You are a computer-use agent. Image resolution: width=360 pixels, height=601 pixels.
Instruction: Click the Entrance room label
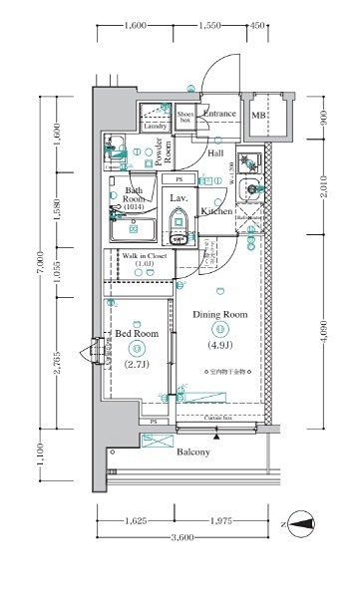click(x=218, y=114)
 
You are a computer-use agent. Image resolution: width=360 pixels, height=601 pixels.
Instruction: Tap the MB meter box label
click(x=258, y=116)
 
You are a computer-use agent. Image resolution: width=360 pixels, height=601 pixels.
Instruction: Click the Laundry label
click(x=155, y=127)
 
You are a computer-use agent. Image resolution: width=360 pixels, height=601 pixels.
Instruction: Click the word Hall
click(x=215, y=153)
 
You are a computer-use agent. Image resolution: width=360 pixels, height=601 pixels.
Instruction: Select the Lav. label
click(x=179, y=199)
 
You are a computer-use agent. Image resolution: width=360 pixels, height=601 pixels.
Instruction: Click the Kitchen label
click(x=216, y=211)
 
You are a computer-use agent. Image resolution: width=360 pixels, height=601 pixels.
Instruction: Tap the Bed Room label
click(x=136, y=333)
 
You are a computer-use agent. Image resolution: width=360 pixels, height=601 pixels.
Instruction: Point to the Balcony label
click(x=193, y=452)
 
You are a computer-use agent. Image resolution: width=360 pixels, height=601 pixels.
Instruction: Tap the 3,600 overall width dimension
click(x=181, y=539)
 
